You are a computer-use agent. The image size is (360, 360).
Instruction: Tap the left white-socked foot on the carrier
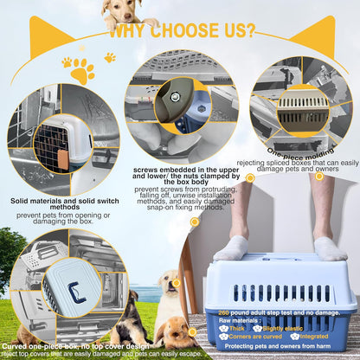pyautogui.click(x=232, y=248)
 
